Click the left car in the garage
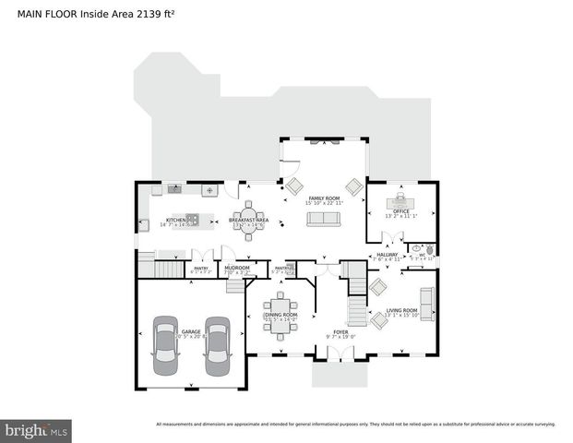click(x=165, y=341)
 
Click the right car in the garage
click(x=217, y=341)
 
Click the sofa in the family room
click(x=324, y=219)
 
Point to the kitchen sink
click(x=174, y=189)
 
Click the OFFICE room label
click(x=401, y=211)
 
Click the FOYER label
click(x=340, y=331)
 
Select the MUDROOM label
click(x=237, y=269)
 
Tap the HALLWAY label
click(x=387, y=255)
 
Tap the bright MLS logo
click(x=36, y=430)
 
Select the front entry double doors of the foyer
click(x=340, y=354)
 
